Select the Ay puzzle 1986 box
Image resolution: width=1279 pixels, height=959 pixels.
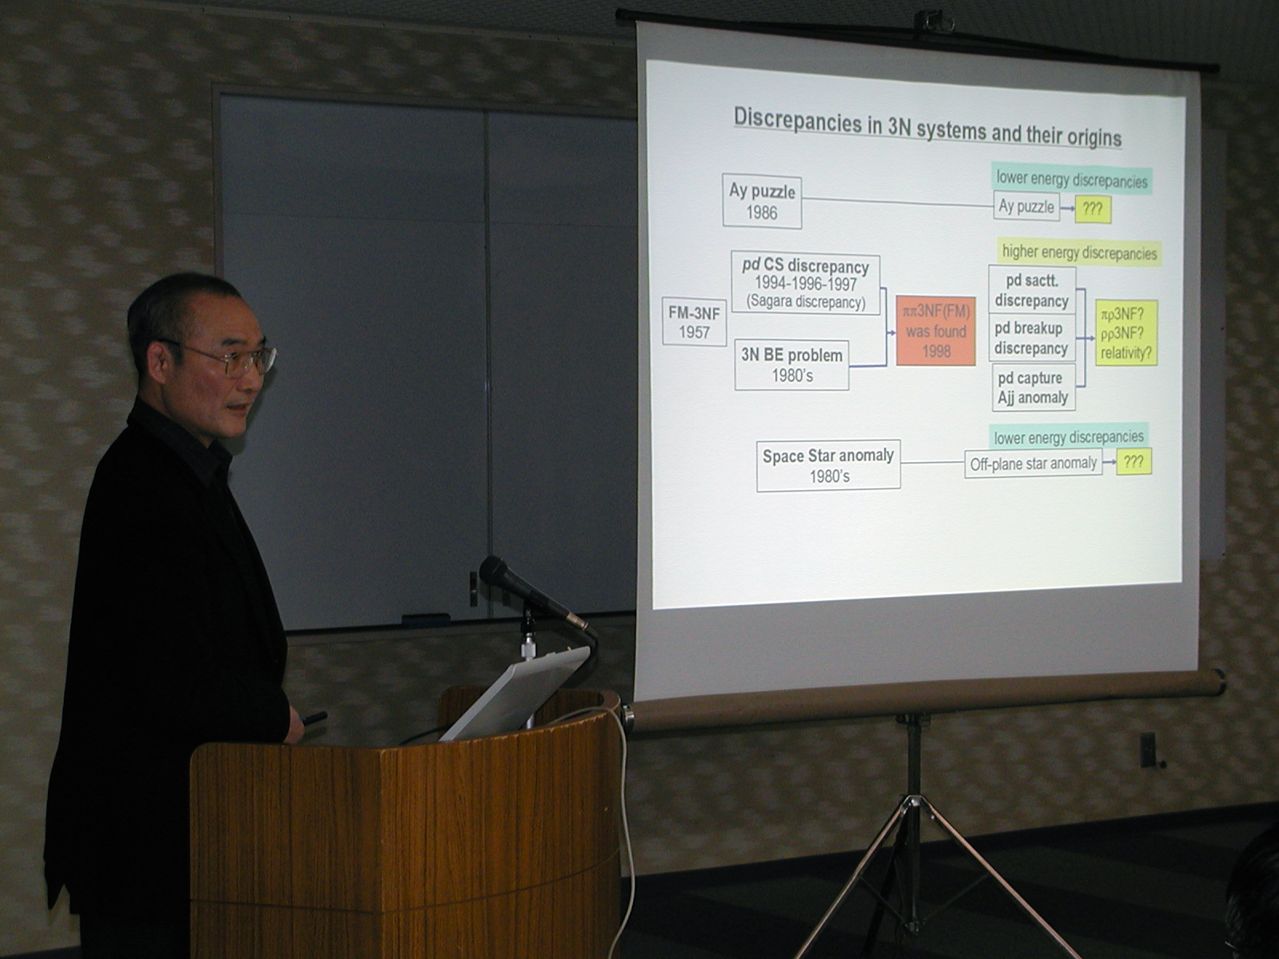point(762,201)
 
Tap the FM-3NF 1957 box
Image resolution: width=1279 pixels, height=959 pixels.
point(694,321)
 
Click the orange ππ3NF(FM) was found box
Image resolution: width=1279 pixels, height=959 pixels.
point(936,331)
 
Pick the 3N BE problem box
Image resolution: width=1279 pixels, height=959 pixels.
point(791,364)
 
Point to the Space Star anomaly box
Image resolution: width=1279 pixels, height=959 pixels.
point(828,465)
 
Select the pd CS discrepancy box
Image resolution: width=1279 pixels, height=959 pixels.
point(805,285)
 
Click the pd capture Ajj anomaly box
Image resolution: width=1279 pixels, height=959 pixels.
point(1033,388)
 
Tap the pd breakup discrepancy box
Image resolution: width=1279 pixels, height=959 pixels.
point(1031,338)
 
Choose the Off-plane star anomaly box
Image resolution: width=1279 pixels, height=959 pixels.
point(1033,464)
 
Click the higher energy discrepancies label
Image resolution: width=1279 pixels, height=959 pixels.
point(1079,253)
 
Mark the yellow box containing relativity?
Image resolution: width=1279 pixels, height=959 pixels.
point(1126,333)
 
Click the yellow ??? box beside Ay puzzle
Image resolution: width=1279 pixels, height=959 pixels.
point(1093,209)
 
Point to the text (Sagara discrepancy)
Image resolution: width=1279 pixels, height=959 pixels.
point(806,302)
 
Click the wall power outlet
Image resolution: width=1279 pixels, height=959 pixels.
point(1147,750)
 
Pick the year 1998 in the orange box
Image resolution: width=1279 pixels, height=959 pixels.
point(936,352)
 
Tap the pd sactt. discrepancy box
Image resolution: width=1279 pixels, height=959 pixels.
point(1032,291)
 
